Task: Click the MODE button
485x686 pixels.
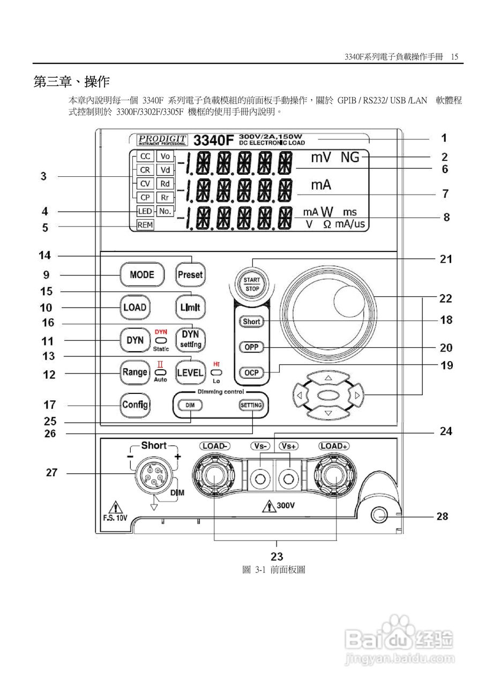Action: [x=141, y=275]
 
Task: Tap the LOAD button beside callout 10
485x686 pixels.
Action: [x=135, y=308]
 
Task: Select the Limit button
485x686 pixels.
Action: [x=190, y=308]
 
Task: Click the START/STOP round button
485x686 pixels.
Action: [x=252, y=285]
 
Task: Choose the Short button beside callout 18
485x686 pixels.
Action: [x=251, y=322]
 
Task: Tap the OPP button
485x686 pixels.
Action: [x=251, y=347]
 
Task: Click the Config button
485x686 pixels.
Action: [x=135, y=405]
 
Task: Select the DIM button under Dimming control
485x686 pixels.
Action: [x=190, y=405]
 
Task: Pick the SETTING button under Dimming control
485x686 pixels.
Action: [x=251, y=405]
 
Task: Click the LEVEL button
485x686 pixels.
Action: [x=190, y=372]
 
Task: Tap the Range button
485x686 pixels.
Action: [x=135, y=372]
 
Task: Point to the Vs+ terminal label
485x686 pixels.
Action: [x=289, y=446]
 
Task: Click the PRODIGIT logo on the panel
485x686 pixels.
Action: [x=162, y=140]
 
